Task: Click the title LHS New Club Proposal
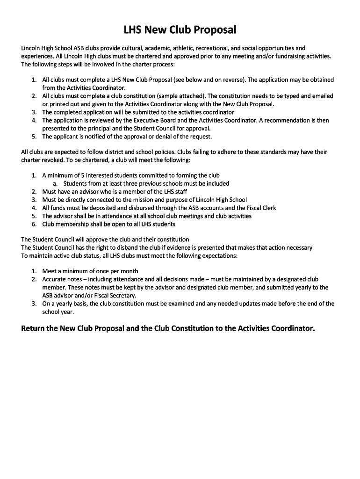(x=180, y=31)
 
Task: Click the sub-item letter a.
(x=55, y=184)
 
